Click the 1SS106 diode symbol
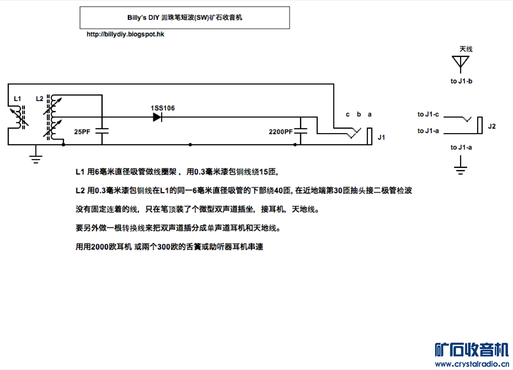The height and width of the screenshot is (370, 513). (x=157, y=117)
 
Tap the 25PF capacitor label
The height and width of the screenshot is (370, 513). (x=82, y=132)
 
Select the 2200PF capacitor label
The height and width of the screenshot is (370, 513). (x=281, y=132)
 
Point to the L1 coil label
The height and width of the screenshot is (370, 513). (x=17, y=99)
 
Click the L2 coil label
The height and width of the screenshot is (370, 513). (x=40, y=99)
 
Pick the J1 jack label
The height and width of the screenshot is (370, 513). (x=381, y=137)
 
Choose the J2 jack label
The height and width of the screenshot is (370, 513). (x=492, y=126)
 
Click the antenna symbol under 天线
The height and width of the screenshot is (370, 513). (x=461, y=63)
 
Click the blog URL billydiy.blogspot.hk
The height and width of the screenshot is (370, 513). (x=125, y=34)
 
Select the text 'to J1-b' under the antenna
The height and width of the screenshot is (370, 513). (x=462, y=81)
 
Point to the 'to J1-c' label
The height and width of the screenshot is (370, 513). (x=428, y=114)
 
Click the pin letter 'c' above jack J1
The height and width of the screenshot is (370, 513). (x=348, y=114)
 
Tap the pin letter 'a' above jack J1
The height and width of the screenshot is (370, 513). (x=370, y=114)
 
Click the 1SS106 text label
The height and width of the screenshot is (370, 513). (x=163, y=108)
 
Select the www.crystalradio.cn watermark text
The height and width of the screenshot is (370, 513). (x=472, y=364)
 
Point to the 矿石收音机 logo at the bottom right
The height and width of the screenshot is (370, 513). (x=472, y=350)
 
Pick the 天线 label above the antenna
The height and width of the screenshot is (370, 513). (x=466, y=49)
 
